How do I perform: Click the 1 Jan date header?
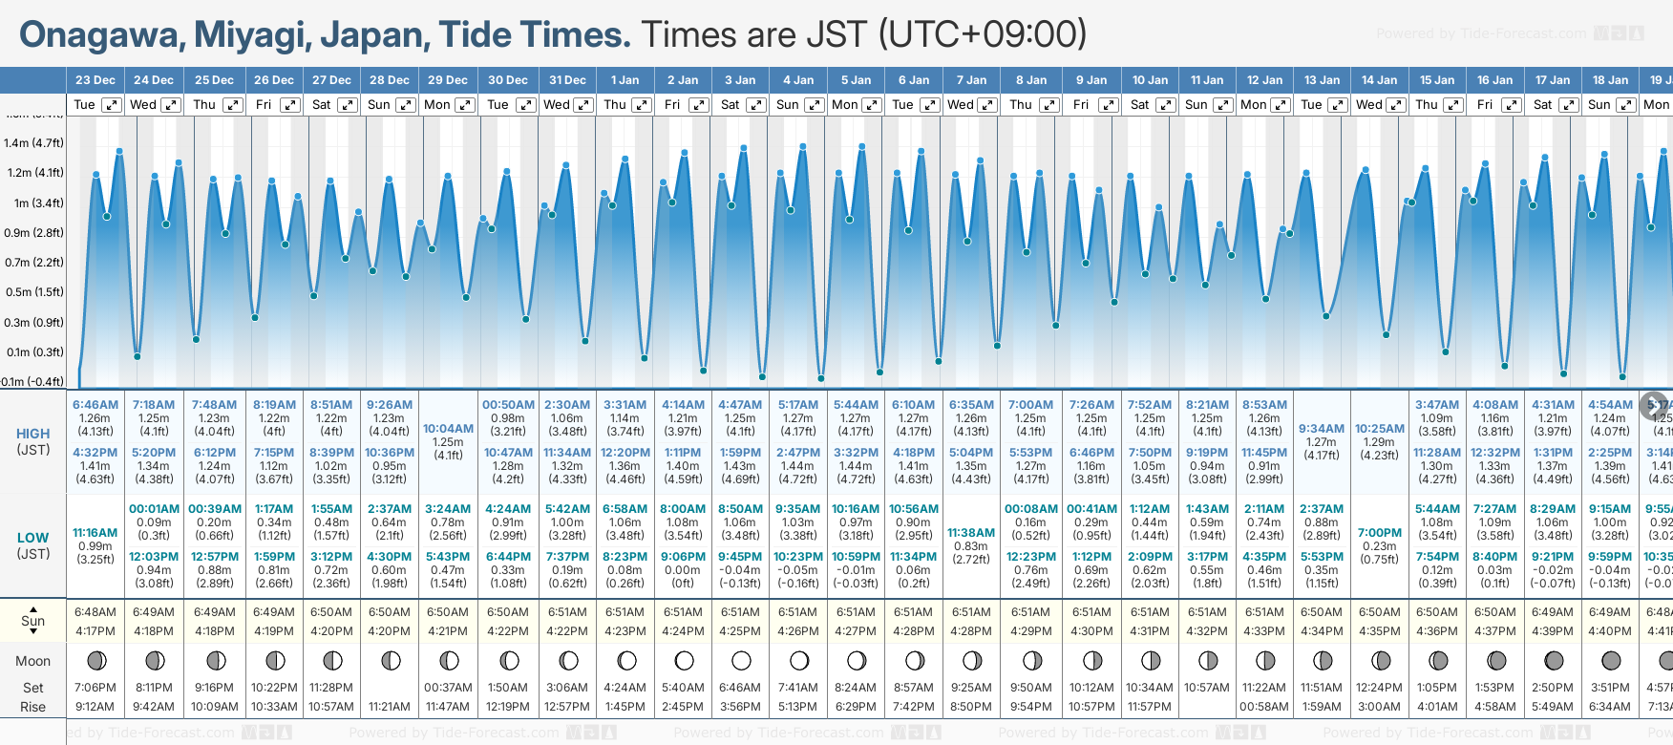pyautogui.click(x=625, y=80)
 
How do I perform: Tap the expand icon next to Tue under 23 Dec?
pyautogui.click(x=112, y=105)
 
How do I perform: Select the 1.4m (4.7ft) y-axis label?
pyautogui.click(x=33, y=143)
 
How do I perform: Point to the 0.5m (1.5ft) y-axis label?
pyautogui.click(x=33, y=292)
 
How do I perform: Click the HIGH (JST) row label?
pyautogui.click(x=33, y=441)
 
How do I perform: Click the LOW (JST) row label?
pyautogui.click(x=33, y=545)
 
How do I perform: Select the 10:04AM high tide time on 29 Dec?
pyautogui.click(x=448, y=429)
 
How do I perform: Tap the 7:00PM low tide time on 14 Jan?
pyautogui.click(x=1379, y=533)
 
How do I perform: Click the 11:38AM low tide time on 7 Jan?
pyautogui.click(x=970, y=533)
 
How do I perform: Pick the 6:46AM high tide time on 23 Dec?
pyautogui.click(x=95, y=405)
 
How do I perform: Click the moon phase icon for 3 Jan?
pyautogui.click(x=741, y=660)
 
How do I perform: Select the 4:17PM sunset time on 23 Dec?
pyautogui.click(x=95, y=631)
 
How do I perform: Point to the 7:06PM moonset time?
pyautogui.click(x=95, y=688)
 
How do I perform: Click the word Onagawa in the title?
pyautogui.click(x=101, y=35)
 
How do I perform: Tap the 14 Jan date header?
pyautogui.click(x=1379, y=80)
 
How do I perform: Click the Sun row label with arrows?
pyautogui.click(x=33, y=621)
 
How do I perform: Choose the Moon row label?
pyautogui.click(x=33, y=661)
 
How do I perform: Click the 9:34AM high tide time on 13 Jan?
pyautogui.click(x=1322, y=429)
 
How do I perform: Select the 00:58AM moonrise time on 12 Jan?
pyautogui.click(x=1264, y=707)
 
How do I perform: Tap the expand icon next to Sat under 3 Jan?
pyautogui.click(x=755, y=105)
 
